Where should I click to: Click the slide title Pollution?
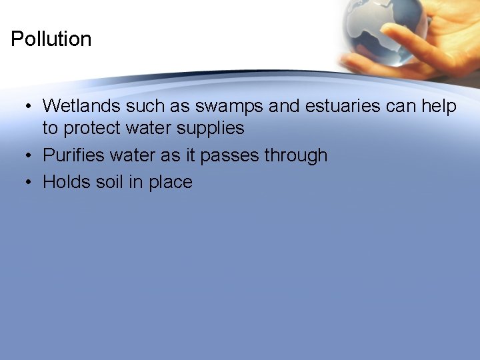tap(51, 39)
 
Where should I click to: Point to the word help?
tap(439, 107)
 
